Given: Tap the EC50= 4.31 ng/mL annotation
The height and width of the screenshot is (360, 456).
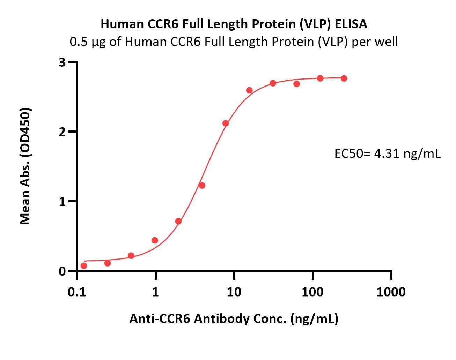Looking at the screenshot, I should click(x=388, y=153).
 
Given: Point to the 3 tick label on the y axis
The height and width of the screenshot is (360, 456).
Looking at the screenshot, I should click(x=62, y=62).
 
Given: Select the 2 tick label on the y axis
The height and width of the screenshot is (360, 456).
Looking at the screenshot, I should click(x=62, y=132).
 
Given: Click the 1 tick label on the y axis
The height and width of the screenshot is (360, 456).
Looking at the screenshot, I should click(x=62, y=201).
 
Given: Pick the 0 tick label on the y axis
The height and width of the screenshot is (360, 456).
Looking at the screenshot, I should click(x=62, y=271).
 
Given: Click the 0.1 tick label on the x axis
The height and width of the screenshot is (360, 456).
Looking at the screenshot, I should click(x=77, y=292).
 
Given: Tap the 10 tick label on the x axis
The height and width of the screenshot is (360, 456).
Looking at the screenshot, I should click(x=234, y=292).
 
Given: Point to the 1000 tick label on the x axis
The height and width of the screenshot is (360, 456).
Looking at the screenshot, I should click(x=391, y=292).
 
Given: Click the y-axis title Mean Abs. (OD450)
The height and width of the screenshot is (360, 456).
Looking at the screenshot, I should click(x=25, y=166).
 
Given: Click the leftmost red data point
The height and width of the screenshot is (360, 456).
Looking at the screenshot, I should click(x=84, y=266).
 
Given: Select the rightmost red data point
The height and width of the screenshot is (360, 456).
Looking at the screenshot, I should click(x=344, y=78).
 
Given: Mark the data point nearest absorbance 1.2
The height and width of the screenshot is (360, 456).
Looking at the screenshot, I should click(x=202, y=185).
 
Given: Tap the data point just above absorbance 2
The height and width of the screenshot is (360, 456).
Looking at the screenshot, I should click(x=226, y=123).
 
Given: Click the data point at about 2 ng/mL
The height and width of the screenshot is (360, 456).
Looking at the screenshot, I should click(x=178, y=221).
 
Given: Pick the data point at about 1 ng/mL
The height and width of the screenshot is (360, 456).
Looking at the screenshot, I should click(x=155, y=240).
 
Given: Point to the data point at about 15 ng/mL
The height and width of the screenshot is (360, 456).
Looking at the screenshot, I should click(x=249, y=90).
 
